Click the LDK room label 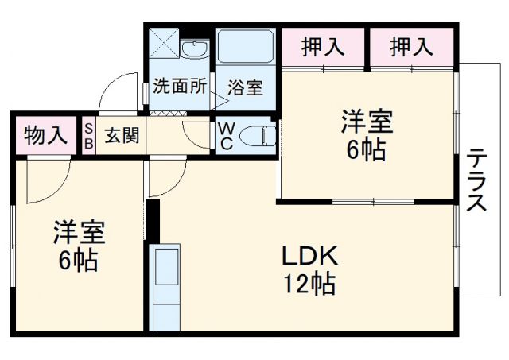tap(310, 256)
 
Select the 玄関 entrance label tap(122, 135)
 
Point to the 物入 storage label tap(45, 135)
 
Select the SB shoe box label tap(88, 135)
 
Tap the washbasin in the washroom tap(192, 50)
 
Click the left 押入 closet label tap(323, 47)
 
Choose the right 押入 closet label tap(411, 47)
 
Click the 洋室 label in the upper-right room tap(367, 123)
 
